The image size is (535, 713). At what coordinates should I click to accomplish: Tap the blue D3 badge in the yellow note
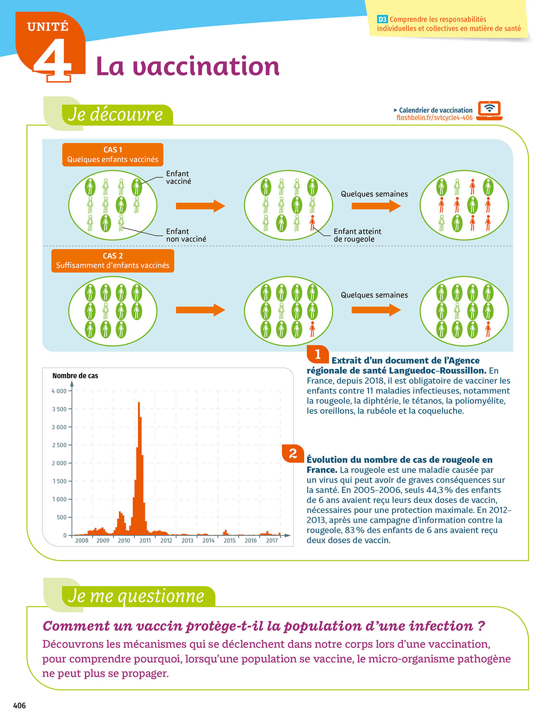click(382, 19)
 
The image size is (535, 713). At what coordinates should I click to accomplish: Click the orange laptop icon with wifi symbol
click(489, 110)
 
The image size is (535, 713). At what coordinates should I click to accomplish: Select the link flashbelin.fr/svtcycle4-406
click(434, 118)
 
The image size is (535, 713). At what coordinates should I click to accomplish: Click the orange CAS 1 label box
click(113, 154)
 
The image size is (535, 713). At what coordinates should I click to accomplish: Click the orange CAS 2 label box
click(113, 260)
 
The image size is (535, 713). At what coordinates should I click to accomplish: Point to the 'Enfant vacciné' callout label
click(178, 177)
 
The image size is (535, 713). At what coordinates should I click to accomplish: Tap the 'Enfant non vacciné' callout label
click(186, 235)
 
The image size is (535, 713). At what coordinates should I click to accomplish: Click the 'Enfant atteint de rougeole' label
click(357, 235)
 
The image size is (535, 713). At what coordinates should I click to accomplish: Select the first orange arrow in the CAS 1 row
click(200, 206)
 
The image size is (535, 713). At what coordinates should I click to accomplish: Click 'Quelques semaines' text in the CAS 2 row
click(374, 295)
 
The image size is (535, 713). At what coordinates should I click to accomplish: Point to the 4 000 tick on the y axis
click(59, 391)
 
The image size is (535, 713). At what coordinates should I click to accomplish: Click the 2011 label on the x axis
click(145, 540)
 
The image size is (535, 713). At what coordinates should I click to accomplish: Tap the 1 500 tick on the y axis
click(59, 481)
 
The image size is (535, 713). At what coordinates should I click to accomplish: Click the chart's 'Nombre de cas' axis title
click(75, 376)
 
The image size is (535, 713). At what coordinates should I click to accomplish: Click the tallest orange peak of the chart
click(139, 404)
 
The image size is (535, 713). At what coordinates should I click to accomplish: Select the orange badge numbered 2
click(293, 453)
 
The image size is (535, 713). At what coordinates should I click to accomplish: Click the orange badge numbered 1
click(318, 354)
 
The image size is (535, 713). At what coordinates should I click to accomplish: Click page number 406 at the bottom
click(19, 705)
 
